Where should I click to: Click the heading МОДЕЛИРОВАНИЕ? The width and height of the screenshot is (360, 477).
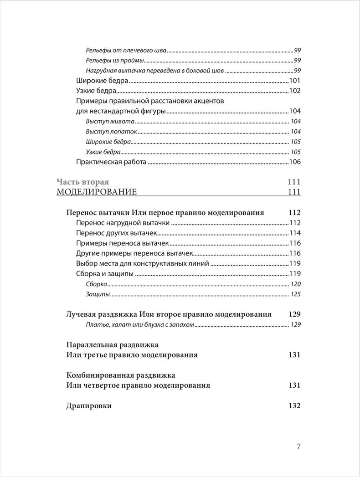(x=97, y=192)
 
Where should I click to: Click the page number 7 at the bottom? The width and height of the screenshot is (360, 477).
(x=298, y=446)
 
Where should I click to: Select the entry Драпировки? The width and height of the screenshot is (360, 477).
(x=89, y=406)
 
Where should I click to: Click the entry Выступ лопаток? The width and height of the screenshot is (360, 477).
(x=111, y=132)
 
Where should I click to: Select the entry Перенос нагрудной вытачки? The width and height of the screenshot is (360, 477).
(x=123, y=223)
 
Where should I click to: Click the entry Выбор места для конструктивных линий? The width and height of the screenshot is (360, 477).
(x=142, y=263)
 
